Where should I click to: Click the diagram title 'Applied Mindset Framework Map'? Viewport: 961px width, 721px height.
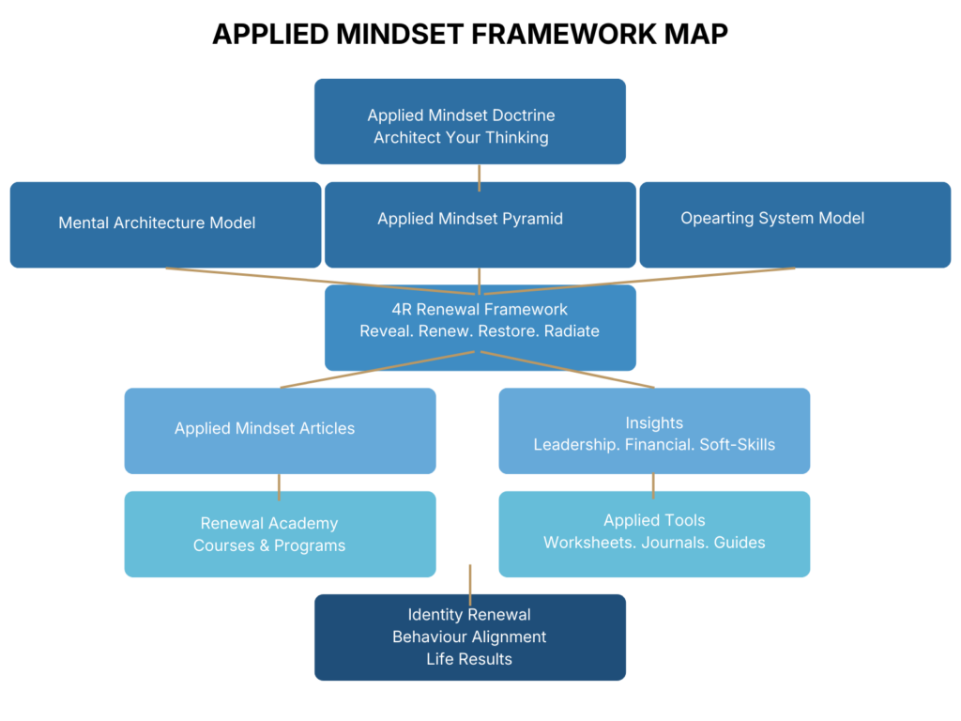tap(469, 34)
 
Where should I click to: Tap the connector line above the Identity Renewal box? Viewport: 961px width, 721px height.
tap(469, 578)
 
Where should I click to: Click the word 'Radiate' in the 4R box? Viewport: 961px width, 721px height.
tap(571, 330)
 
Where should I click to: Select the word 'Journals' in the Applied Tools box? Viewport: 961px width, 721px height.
tap(675, 543)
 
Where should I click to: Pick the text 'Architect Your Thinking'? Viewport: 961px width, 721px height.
tap(461, 138)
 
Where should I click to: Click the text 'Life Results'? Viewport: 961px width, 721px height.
tap(469, 659)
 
